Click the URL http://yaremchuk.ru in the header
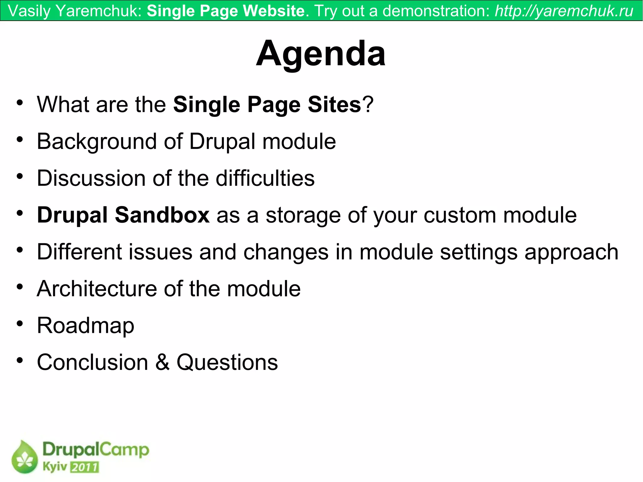pos(564,11)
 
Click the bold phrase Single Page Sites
pos(267,105)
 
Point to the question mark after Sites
pos(368,105)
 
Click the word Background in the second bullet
pos(97,142)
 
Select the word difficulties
pos(265,178)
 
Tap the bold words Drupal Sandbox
pos(123,215)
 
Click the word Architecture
pos(97,289)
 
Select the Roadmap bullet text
pos(85,326)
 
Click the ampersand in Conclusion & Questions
pos(162,362)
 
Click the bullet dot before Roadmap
pos(20,323)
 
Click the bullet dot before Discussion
pos(20,176)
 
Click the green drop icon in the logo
pos(24,457)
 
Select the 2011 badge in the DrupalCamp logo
pos(84,467)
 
